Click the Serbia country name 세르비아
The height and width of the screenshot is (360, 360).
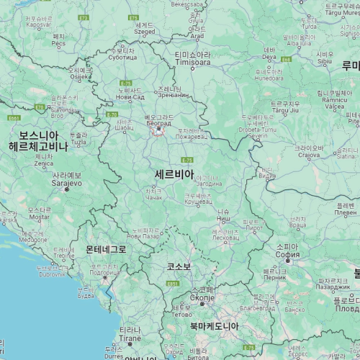(x=174, y=174)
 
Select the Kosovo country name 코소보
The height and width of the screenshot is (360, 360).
(x=179, y=266)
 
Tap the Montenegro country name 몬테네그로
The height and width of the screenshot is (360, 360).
(x=106, y=249)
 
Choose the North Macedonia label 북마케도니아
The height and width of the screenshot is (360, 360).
(x=214, y=326)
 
